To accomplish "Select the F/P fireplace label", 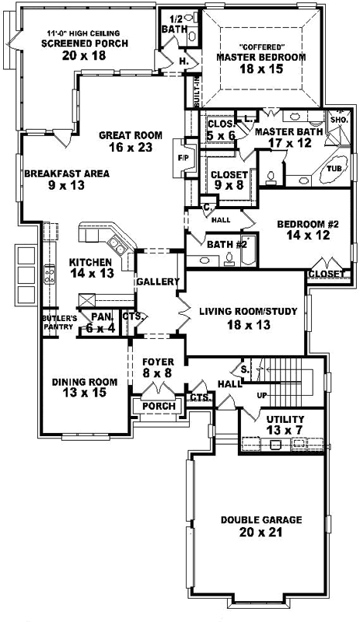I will pos(183,158).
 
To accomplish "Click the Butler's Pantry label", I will pos(59,322).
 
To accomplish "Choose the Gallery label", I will pos(159,281).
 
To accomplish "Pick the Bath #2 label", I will pos(227,245).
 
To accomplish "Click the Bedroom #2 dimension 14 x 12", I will pos(309,236).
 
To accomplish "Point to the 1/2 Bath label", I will pos(170,23).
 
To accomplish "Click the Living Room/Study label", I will pos(248,312).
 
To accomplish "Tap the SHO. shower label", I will pos(339,121).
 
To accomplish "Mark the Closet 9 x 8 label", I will pos(229,175).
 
